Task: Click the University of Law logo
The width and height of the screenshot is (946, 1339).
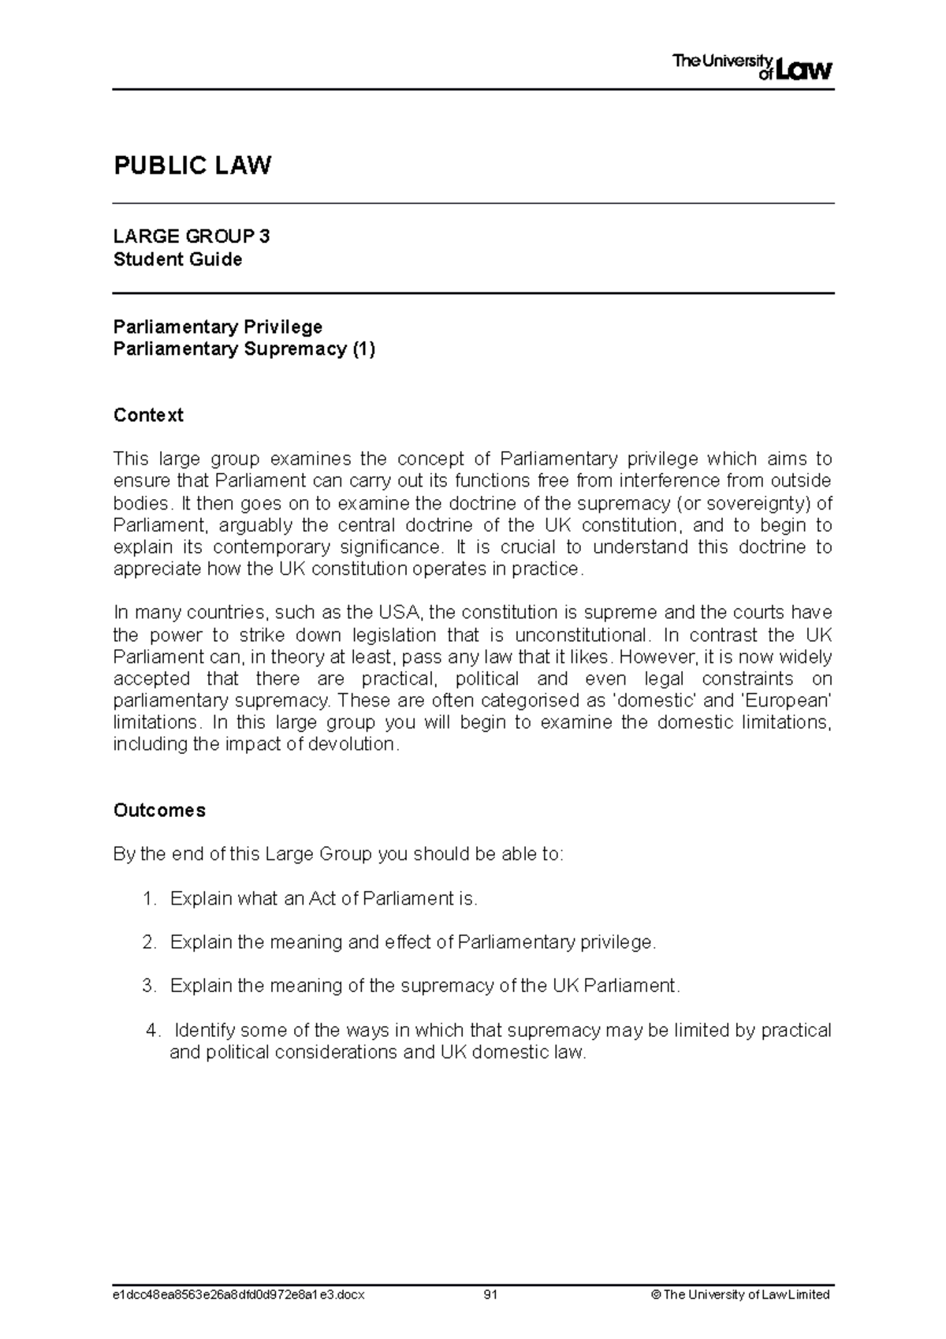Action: (752, 68)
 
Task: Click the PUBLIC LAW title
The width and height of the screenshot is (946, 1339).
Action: (192, 166)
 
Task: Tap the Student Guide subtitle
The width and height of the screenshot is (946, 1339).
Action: (177, 259)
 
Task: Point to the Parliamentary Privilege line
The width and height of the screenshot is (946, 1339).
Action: (218, 326)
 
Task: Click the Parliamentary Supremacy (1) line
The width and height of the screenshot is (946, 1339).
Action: (244, 349)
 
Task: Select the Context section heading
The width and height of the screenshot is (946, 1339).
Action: (148, 415)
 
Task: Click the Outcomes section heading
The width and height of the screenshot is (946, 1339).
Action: (159, 810)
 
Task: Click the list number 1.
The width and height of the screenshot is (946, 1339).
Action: (150, 898)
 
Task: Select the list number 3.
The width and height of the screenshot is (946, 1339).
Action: (150, 986)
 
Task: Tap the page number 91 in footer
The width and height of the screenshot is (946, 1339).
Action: (492, 1295)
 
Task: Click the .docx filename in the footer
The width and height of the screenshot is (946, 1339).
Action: (239, 1295)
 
